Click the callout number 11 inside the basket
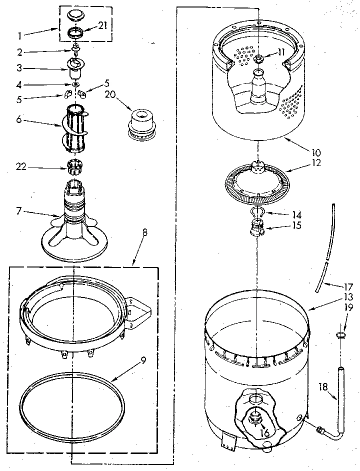(x=281, y=51)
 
